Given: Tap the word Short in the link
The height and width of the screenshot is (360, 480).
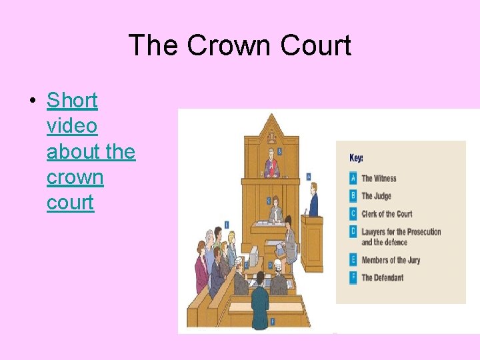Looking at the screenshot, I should click(72, 101).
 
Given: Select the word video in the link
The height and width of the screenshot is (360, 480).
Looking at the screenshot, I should click(72, 126).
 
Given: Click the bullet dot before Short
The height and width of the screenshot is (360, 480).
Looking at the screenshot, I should click(31, 101).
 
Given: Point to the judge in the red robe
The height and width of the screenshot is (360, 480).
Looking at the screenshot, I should click(271, 165).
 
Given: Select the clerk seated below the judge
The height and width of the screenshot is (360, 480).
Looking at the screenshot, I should click(276, 213).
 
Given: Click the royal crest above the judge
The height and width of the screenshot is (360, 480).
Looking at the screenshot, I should click(271, 138).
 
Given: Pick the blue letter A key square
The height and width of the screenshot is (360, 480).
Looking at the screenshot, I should click(353, 178).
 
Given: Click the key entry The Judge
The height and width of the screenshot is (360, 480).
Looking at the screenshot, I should click(376, 196).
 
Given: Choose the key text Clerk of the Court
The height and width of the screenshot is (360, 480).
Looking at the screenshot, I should click(387, 214).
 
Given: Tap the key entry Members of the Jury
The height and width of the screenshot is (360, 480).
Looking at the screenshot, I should click(391, 260).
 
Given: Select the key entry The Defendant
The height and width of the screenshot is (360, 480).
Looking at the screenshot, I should click(382, 277).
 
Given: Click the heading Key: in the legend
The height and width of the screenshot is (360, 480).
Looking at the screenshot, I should click(357, 158).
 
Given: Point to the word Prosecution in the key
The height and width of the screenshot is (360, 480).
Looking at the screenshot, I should click(420, 232).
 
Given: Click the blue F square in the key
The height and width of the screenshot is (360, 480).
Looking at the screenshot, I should click(353, 277).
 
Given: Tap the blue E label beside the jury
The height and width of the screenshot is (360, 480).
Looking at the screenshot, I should click(227, 224).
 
